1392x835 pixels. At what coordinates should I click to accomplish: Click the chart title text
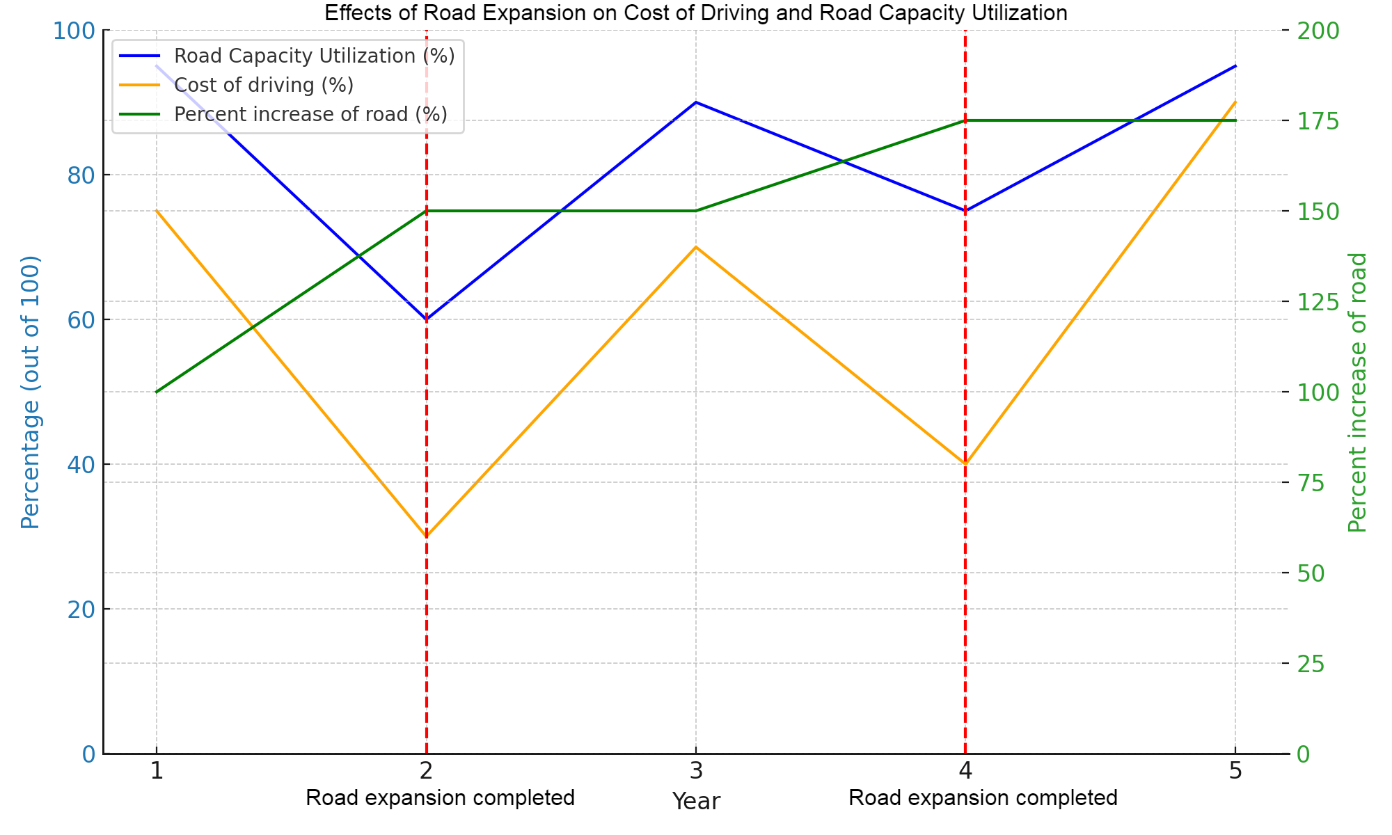(695, 13)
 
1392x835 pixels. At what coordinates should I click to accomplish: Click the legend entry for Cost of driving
(263, 85)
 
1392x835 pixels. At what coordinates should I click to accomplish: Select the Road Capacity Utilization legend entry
(313, 56)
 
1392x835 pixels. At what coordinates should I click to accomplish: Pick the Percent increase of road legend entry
(310, 114)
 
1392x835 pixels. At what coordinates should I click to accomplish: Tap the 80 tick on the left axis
(81, 175)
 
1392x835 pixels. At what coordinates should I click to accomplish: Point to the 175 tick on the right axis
(1318, 121)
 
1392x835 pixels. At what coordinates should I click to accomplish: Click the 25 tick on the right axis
(1311, 664)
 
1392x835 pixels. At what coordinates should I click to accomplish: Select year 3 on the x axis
(695, 771)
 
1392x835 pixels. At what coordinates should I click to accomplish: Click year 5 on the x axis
(1235, 771)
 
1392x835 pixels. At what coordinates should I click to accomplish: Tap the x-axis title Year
(695, 802)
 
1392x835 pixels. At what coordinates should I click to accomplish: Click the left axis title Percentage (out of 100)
(30, 392)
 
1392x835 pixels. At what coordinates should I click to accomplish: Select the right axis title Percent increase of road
(1357, 392)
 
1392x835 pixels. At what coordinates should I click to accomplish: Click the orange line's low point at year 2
(426, 536)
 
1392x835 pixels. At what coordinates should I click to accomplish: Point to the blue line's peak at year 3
(695, 102)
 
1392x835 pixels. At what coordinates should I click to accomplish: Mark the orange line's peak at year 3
(695, 247)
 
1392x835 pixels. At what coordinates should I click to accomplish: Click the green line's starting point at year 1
(157, 392)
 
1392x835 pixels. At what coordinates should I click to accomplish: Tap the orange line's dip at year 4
(965, 464)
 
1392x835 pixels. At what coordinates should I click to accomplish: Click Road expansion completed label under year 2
(440, 797)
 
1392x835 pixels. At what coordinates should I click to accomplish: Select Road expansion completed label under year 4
(983, 797)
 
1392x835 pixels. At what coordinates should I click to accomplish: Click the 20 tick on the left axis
(81, 610)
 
